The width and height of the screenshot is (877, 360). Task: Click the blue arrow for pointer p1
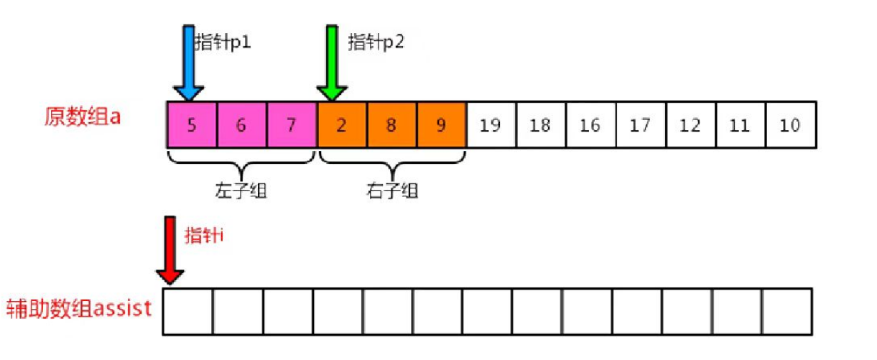[189, 63]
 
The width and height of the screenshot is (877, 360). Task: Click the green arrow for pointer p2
[332, 63]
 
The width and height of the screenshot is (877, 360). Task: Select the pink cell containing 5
[192, 124]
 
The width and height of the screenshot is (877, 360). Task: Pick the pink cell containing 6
[241, 124]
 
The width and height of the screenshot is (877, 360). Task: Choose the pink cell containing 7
[291, 124]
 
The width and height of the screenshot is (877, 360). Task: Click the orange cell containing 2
[341, 124]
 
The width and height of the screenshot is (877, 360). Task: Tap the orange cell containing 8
[391, 124]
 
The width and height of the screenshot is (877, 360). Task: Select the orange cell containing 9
[440, 124]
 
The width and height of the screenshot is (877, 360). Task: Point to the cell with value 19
[490, 124]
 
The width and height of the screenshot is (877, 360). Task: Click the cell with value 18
[540, 124]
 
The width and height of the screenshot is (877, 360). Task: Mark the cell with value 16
[590, 124]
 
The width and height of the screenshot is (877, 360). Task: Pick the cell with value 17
[640, 124]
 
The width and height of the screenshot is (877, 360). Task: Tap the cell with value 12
[690, 124]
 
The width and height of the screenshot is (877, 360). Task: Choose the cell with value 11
[740, 124]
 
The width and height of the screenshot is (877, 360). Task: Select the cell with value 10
[790, 124]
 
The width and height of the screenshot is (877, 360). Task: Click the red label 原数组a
[83, 117]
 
